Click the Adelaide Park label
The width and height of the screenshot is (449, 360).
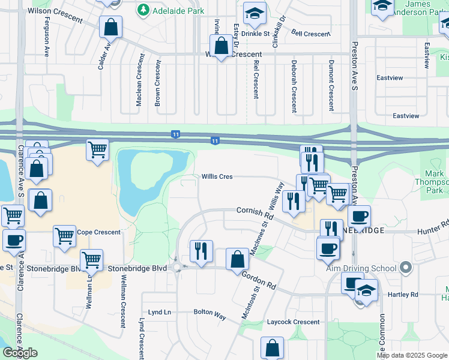[x=178, y=11]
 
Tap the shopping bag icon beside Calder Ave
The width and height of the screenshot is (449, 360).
[x=110, y=27]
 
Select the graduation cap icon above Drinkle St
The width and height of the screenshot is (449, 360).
[x=255, y=14]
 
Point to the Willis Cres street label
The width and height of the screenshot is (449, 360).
[x=217, y=177]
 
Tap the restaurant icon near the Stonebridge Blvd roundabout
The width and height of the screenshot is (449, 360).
[x=202, y=250]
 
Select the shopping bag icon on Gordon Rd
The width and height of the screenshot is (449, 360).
[x=237, y=259]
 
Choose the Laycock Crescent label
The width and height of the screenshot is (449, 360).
[x=294, y=322]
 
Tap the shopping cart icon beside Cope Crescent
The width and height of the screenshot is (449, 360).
[x=65, y=235]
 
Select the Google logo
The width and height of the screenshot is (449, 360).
[x=20, y=352]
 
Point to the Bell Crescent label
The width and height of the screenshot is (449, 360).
[x=310, y=34]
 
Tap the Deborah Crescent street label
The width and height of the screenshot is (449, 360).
[x=294, y=86]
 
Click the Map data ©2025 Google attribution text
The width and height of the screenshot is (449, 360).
[x=412, y=355]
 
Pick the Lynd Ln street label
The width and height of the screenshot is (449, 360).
[x=160, y=313]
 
